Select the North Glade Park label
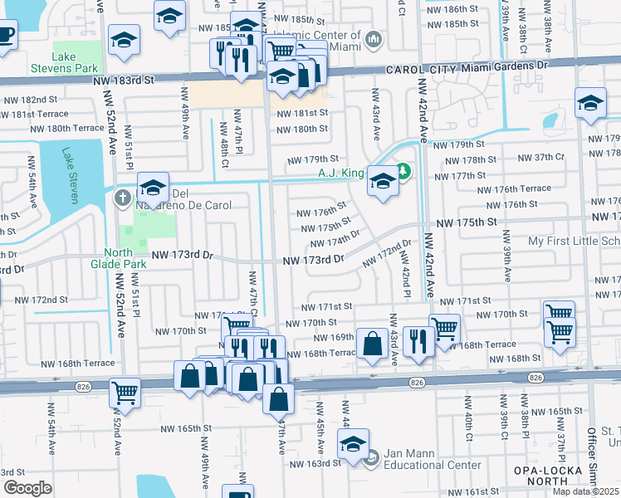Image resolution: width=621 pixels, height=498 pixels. pos(125,259)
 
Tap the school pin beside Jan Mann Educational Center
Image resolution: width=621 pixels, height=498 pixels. pos(353,445)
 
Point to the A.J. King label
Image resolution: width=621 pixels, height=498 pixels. pos(341,173)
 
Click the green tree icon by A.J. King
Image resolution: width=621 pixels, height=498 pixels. pos(404,172)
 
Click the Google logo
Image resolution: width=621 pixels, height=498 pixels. pos(27,488)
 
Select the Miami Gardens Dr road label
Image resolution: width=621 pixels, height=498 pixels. pos(506,65)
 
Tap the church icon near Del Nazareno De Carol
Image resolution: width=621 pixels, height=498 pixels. pos(122,199)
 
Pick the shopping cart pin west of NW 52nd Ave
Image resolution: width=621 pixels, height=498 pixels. pos(125,391)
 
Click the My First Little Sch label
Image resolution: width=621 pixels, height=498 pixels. pos(574,241)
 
